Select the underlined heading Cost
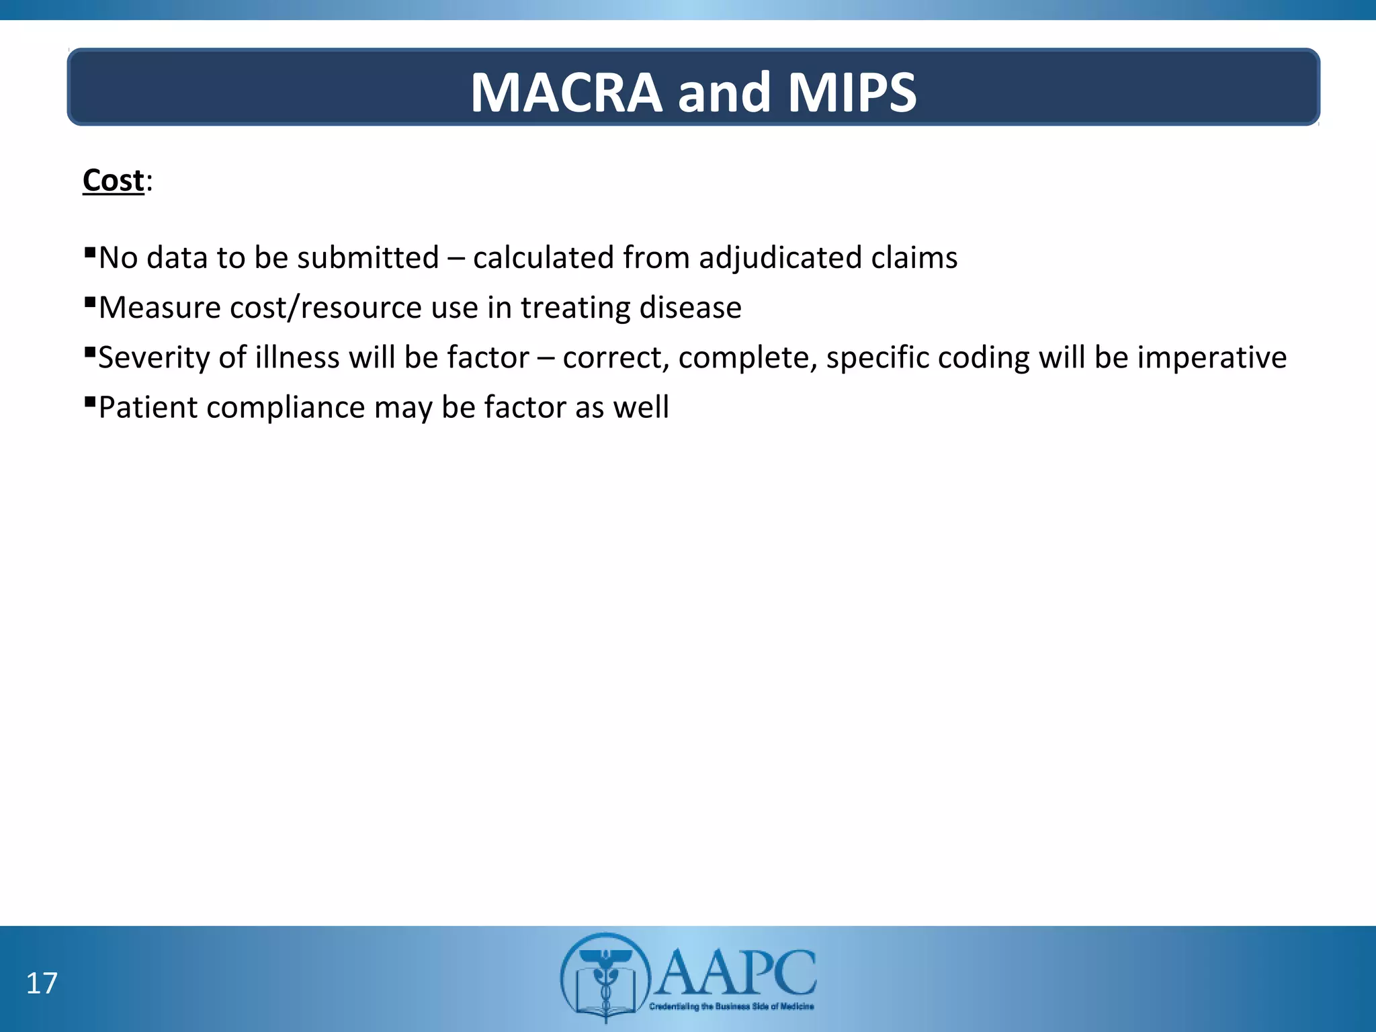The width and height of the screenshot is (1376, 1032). click(114, 180)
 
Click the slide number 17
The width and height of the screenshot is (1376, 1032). click(42, 983)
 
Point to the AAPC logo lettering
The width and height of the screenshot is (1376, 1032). click(736, 972)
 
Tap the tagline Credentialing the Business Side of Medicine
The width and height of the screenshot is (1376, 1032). click(731, 1006)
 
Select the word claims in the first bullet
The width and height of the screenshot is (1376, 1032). click(914, 258)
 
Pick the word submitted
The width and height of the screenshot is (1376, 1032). click(368, 258)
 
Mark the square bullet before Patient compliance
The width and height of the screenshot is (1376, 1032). click(89, 401)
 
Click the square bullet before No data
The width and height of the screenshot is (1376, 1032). click(89, 252)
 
